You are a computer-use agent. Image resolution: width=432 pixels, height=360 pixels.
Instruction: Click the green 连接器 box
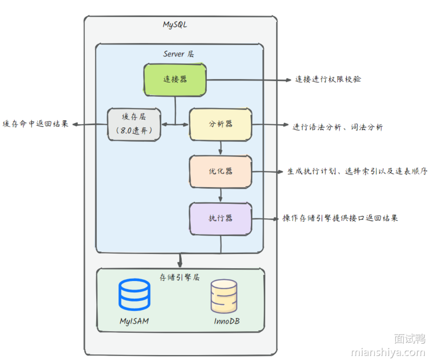[x=175, y=80]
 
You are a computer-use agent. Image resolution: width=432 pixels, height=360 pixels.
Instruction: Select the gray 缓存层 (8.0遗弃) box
[x=134, y=124]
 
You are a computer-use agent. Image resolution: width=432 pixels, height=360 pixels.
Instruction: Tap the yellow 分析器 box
[x=220, y=124]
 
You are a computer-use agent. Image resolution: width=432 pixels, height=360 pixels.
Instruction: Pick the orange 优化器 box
[x=220, y=171]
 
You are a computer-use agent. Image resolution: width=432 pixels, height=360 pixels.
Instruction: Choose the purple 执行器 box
[x=220, y=219]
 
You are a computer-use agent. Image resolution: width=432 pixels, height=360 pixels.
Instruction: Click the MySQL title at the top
[x=175, y=25]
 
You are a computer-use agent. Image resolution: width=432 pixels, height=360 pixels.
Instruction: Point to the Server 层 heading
[x=178, y=54]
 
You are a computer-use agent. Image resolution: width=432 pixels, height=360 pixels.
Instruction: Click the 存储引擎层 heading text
[x=180, y=277]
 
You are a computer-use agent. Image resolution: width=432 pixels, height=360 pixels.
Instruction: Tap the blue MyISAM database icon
[x=134, y=295]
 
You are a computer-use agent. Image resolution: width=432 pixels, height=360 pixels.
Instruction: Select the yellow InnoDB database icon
[x=224, y=296]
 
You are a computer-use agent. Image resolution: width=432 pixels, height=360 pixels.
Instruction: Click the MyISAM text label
[x=134, y=321]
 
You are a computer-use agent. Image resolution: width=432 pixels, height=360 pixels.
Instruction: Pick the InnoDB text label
[x=226, y=321]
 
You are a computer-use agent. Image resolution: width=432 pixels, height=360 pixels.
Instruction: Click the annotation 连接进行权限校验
[x=328, y=79]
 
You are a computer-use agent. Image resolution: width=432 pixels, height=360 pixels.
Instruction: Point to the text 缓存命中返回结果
[x=35, y=124]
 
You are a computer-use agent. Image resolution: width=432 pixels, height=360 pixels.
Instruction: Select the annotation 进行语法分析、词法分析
[x=337, y=127]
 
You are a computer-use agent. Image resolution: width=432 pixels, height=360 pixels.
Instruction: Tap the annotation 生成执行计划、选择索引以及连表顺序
[x=357, y=171]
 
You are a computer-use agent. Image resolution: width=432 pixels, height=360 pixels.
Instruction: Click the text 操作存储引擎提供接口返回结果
[x=340, y=218]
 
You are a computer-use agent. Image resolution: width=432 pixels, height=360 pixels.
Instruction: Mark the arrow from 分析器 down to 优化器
[x=220, y=148]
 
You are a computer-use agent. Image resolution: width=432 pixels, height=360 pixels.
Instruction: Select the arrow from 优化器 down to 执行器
[x=220, y=195]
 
